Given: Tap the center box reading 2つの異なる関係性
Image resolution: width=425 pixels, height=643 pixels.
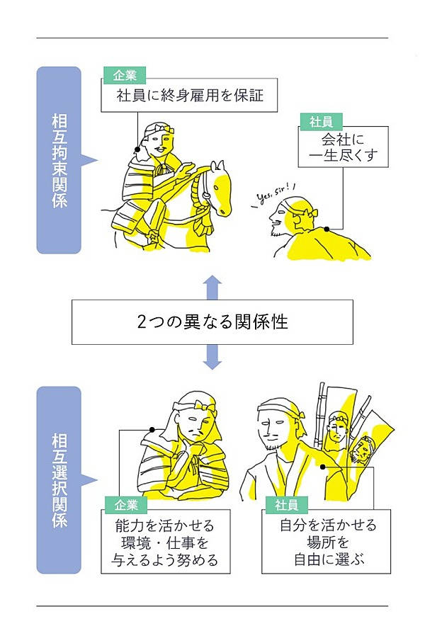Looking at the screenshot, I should [212, 322].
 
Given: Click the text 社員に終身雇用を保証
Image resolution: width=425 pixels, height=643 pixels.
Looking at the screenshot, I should [190, 95].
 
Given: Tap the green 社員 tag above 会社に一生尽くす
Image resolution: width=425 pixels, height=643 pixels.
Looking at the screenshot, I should [320, 121].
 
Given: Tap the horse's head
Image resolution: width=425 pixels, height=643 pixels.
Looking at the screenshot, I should [220, 188].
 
